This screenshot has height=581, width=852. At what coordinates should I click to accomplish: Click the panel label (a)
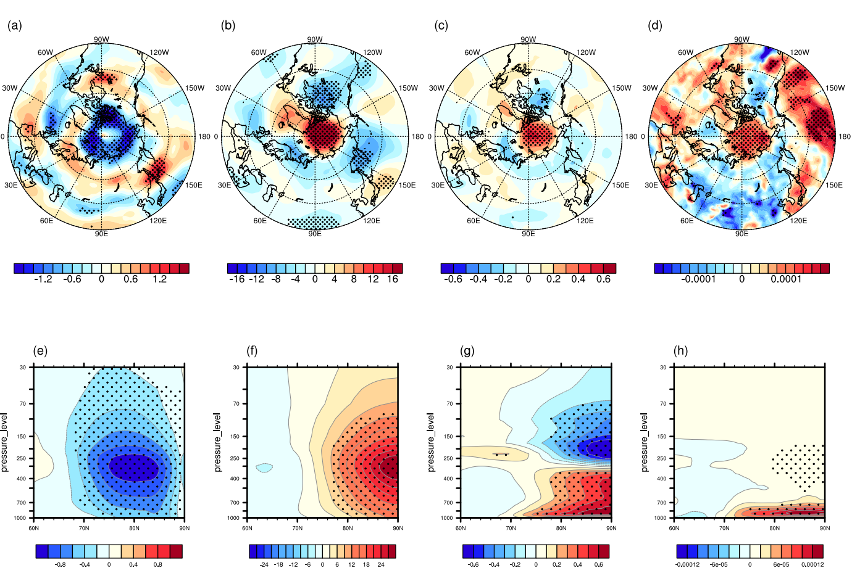(15, 25)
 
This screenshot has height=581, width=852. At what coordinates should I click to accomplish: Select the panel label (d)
(655, 25)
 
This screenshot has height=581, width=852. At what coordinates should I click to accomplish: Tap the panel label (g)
(467, 351)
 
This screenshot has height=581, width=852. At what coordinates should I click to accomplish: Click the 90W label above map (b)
(315, 39)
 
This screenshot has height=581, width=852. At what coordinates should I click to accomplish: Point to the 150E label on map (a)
(194, 185)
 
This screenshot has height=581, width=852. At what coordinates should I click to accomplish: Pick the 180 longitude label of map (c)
(632, 137)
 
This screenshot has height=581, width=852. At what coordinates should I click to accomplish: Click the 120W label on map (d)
(800, 52)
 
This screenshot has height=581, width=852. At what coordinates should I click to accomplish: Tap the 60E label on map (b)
(260, 221)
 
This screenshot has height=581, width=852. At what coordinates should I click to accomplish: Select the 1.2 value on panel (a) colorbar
(160, 279)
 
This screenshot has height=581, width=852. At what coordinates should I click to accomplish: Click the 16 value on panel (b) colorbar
(393, 279)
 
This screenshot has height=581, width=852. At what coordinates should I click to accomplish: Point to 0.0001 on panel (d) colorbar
(785, 279)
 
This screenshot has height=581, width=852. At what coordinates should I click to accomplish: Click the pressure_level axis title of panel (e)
(5, 442)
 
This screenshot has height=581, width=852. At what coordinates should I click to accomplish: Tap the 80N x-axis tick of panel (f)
(348, 528)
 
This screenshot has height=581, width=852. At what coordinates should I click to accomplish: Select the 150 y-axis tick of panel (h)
(663, 436)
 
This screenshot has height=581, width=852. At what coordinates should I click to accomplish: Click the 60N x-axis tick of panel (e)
(34, 528)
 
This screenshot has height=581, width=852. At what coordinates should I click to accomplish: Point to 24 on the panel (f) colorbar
(381, 564)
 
